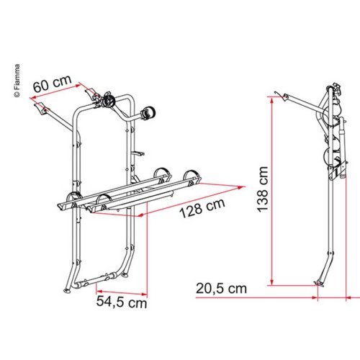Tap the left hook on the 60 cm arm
[x=40, y=109]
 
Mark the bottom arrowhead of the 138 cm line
[x=273, y=283]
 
